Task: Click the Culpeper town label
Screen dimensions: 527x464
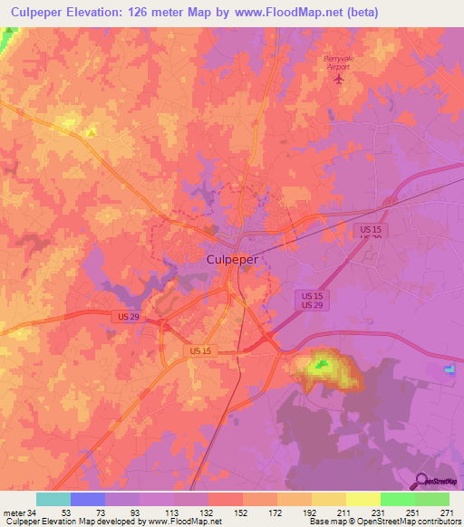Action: [x=227, y=259]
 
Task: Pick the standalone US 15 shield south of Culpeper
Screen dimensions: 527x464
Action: [x=201, y=349]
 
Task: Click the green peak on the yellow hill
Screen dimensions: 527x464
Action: [x=318, y=367]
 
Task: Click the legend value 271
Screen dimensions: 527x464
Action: [x=449, y=512]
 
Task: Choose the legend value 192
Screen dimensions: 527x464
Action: [x=311, y=512]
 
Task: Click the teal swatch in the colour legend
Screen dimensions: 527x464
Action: [x=53, y=499]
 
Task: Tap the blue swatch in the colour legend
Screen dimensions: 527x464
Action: [x=87, y=499]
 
